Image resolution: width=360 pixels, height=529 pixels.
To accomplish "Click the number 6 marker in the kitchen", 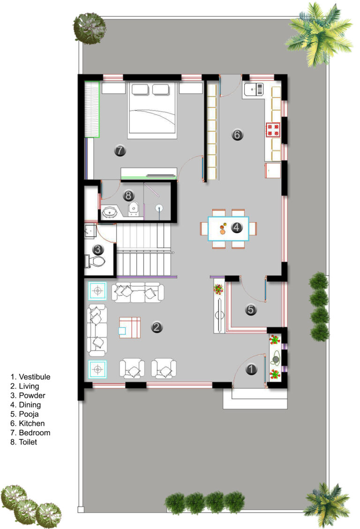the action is [237, 135].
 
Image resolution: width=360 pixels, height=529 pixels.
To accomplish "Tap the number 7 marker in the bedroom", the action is [120, 150].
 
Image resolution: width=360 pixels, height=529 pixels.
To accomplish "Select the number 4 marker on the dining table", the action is [237, 227].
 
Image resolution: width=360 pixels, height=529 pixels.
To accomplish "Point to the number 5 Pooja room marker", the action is [251, 310].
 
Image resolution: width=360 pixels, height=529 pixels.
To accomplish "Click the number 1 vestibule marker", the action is [251, 369].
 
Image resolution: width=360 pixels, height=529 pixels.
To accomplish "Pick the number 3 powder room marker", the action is [98, 249].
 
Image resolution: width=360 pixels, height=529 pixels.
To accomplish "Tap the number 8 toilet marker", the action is [128, 196].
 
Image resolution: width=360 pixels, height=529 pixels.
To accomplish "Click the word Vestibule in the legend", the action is [34, 377].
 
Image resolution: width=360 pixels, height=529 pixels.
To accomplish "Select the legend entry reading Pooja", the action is [29, 414].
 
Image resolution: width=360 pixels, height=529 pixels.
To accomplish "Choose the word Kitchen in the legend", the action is [32, 423].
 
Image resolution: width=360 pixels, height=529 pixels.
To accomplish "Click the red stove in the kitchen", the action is [273, 130].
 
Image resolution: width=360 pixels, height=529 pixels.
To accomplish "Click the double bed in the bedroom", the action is [152, 110].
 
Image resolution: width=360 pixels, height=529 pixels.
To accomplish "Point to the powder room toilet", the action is [96, 260].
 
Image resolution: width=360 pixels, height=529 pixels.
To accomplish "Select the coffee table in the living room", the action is [129, 327].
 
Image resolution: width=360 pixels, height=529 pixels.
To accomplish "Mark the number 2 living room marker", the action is [157, 327].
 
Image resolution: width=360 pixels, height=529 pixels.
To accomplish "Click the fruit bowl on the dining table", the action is [223, 229].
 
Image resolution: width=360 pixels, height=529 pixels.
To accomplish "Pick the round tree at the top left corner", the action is [90, 29].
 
